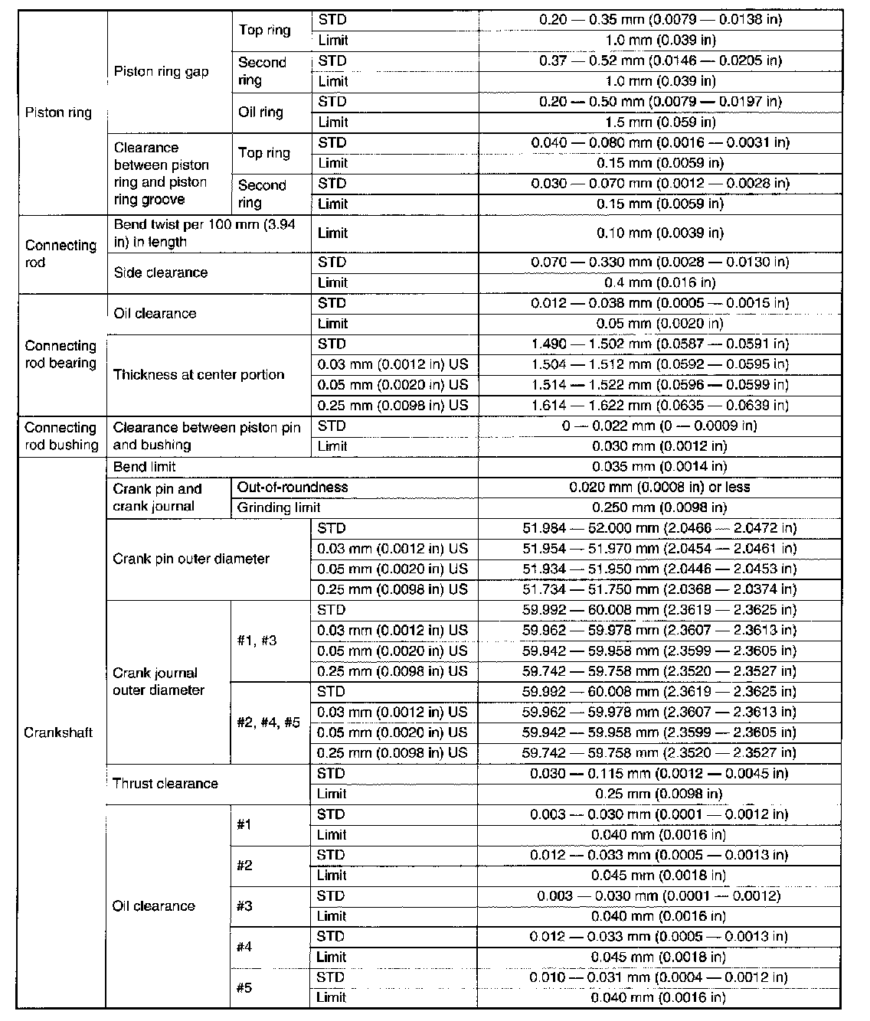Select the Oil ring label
[260, 112]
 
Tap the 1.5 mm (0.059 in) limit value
[659, 122]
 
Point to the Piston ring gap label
[161, 72]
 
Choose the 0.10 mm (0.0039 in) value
[659, 233]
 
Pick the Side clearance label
[160, 272]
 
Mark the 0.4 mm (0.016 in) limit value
[659, 282]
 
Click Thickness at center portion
[198, 374]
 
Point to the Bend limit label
[144, 466]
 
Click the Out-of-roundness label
[293, 487]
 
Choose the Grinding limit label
[279, 507]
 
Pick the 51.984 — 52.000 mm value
[659, 528]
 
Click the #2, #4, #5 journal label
[268, 722]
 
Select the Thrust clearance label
[165, 783]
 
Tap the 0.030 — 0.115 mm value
[659, 773]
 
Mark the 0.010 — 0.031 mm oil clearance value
[659, 977]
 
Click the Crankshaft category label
[59, 732]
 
